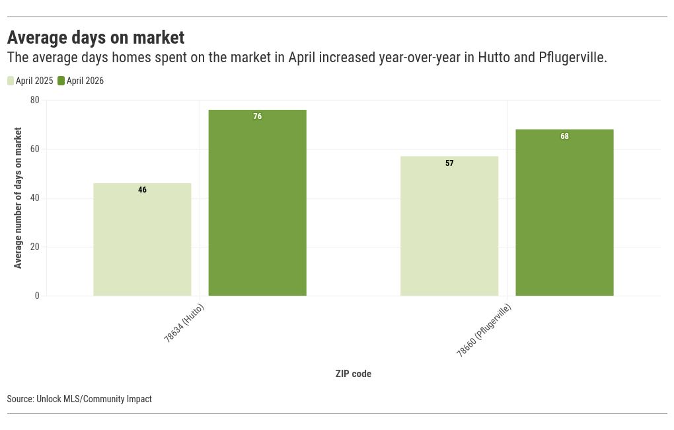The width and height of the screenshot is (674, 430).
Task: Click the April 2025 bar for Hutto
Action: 142,239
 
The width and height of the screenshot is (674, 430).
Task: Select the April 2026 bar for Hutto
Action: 258,202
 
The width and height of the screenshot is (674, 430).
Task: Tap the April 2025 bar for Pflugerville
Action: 449,226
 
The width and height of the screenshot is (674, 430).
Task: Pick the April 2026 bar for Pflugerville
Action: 564,212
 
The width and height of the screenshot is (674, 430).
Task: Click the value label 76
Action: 258,116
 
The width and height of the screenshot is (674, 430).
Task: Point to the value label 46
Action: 142,190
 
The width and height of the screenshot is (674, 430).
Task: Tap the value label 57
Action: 449,163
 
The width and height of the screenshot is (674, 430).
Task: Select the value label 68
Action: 564,136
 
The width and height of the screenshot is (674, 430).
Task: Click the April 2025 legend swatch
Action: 11,81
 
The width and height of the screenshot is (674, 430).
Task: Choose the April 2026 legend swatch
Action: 61,81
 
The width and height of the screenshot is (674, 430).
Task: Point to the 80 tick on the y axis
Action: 35,100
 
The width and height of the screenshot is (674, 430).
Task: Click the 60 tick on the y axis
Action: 35,149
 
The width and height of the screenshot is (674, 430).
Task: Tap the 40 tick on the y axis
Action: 35,198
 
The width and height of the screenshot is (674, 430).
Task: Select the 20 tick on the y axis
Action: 35,247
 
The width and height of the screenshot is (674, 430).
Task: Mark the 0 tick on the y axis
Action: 37,296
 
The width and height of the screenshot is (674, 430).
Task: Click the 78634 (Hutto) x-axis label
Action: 184,323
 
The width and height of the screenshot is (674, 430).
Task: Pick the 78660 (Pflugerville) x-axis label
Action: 484,330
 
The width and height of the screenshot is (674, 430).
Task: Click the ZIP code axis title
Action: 354,374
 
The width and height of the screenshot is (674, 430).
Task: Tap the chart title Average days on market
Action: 96,38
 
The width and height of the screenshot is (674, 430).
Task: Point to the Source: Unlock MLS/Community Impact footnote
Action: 79,399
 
